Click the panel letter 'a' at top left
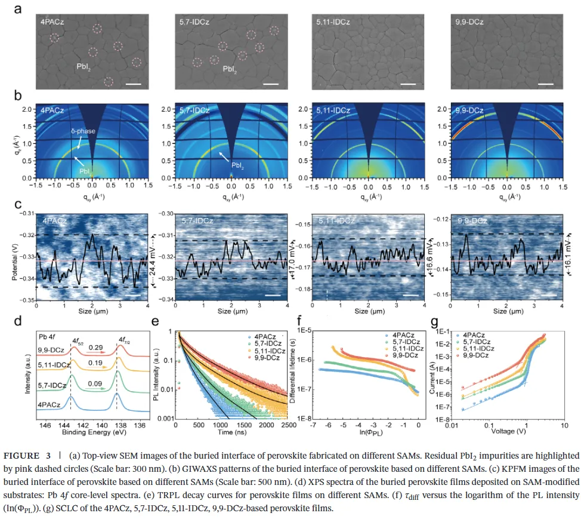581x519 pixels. tap(18, 9)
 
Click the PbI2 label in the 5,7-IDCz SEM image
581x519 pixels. tap(231, 69)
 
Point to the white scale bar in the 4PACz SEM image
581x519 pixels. tap(134, 84)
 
